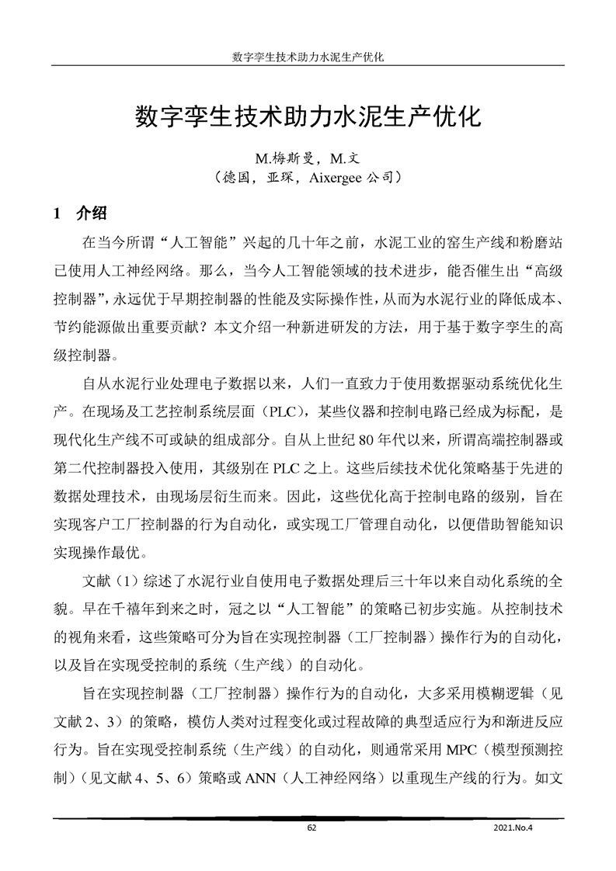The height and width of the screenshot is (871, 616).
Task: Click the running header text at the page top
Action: (308, 57)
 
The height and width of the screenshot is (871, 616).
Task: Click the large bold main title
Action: (308, 118)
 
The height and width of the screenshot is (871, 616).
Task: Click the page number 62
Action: (311, 828)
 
